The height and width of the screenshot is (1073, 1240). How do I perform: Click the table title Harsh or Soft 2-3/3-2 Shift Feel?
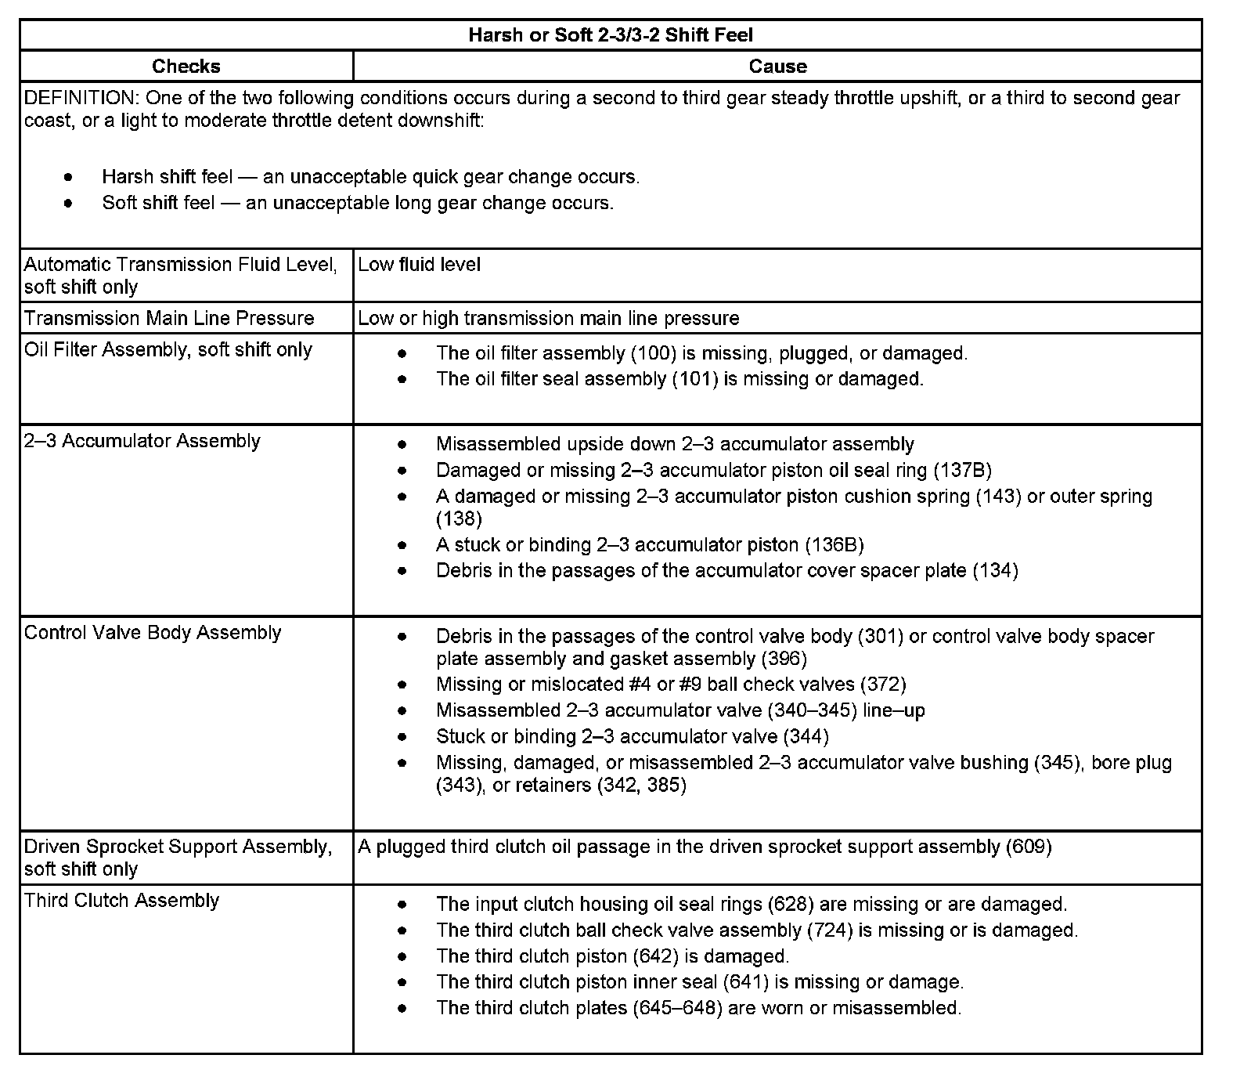[x=611, y=35]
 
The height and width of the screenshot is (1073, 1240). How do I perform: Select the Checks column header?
[x=186, y=67]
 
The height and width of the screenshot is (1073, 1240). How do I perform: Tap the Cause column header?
[x=777, y=67]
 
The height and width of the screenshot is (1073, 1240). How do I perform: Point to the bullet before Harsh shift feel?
[x=70, y=178]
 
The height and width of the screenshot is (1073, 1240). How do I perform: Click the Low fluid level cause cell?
[x=420, y=265]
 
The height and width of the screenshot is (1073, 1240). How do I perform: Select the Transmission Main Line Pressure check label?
[x=169, y=318]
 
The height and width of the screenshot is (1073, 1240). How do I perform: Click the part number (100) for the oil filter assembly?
[x=654, y=353]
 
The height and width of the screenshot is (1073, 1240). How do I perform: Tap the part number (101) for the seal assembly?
[x=694, y=379]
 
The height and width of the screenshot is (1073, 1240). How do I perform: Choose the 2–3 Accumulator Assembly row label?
[x=142, y=441]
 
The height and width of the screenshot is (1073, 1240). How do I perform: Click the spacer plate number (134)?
[x=995, y=571]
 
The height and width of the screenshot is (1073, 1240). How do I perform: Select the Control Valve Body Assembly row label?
[x=153, y=633]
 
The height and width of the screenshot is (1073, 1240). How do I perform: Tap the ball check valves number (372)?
[x=883, y=685]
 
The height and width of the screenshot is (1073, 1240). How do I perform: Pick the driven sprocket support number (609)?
[x=1029, y=847]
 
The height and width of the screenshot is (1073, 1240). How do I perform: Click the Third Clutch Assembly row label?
[x=121, y=901]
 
